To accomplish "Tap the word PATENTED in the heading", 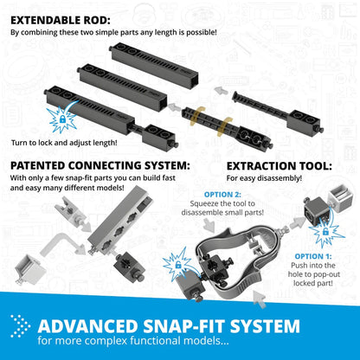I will pyautogui.click(x=44, y=165).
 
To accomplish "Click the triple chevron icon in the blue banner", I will pyautogui.click(x=20, y=327).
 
